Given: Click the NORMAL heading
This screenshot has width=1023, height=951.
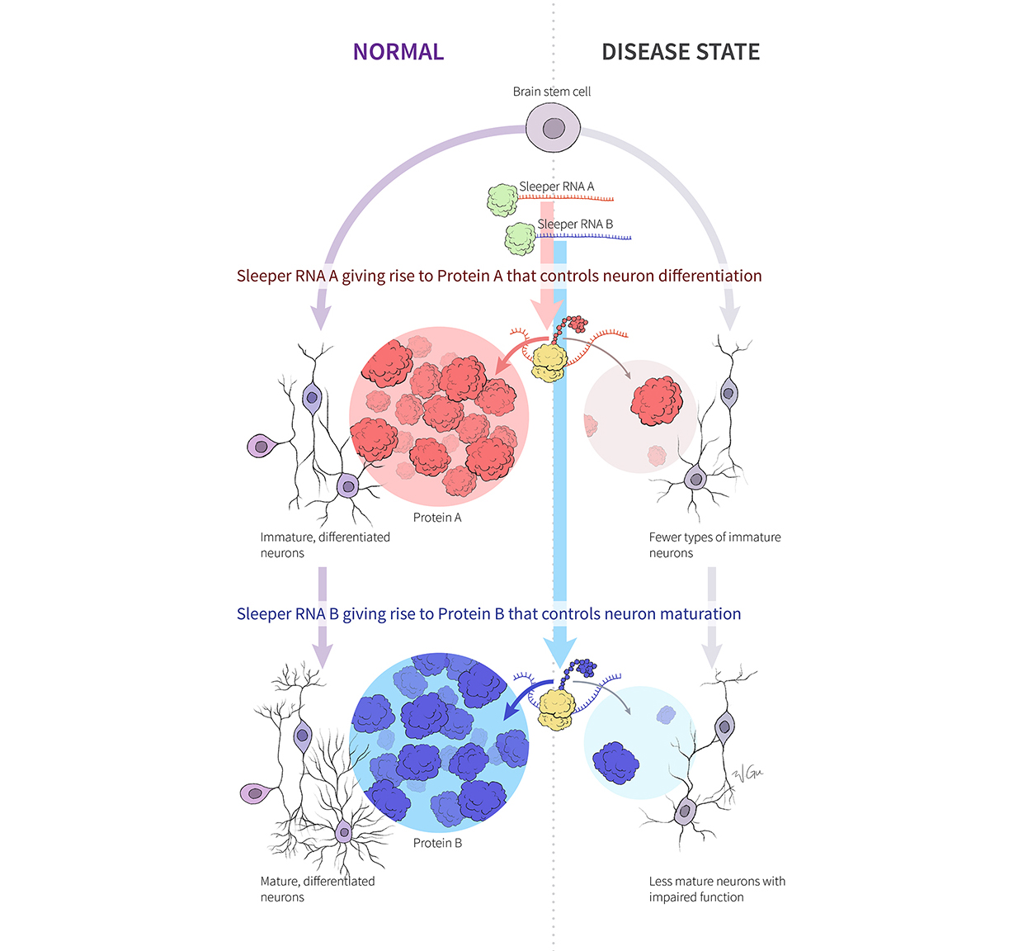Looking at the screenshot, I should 398,52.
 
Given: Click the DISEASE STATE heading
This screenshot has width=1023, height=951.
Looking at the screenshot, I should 681,52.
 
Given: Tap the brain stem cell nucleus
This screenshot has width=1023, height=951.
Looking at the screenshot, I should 554,129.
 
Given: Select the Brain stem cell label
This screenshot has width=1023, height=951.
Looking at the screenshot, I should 552,92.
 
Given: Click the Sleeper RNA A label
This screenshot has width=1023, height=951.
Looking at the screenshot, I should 556,187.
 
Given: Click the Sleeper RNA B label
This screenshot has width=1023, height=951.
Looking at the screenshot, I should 575,224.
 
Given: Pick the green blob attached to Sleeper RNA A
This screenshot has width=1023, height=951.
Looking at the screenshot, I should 502,200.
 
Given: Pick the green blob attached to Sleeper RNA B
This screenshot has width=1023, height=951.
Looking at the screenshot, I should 520,239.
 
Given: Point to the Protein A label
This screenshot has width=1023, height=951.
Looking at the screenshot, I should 437,518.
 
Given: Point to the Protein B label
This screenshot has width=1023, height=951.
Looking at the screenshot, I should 437,843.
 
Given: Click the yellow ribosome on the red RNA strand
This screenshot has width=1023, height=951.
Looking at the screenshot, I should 549,362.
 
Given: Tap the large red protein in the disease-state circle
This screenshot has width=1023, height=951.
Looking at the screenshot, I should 657,401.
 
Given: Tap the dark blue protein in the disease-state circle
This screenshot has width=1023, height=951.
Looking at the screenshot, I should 615,762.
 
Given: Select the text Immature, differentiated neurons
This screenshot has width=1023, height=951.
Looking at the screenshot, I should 325,545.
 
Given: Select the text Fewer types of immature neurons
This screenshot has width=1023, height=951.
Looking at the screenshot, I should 714,545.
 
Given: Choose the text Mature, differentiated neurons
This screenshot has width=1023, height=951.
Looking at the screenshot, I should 318,889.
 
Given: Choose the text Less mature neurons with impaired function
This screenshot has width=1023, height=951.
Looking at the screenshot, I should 717,889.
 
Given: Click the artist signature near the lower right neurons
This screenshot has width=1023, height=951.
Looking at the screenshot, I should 747,774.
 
